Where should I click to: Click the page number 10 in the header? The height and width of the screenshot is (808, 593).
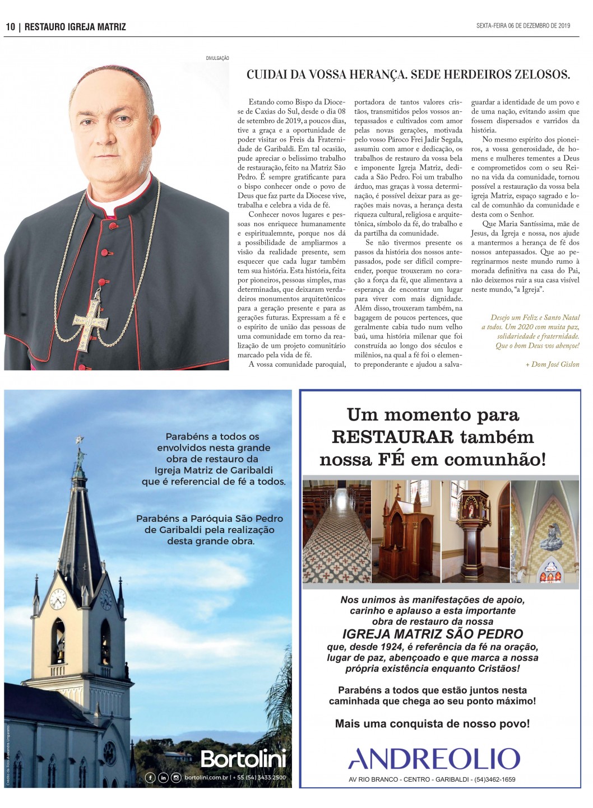coord(10,27)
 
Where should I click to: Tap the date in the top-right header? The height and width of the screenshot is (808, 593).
coord(523,26)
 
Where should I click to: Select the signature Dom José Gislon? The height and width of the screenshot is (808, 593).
coord(552,365)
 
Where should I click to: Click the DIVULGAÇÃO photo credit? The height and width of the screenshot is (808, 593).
coord(217,58)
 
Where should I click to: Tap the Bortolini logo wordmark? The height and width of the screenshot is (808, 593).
coord(243,759)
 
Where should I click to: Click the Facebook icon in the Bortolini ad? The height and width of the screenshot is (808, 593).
coord(150,778)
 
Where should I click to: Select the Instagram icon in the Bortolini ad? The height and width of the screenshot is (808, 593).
coord(176,778)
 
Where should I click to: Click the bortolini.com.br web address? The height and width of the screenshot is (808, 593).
coord(206,778)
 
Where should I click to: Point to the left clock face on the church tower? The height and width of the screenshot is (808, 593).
coord(58,600)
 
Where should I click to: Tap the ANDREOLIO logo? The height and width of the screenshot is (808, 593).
coord(434,759)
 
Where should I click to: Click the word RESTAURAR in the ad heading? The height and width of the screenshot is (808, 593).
coord(392,437)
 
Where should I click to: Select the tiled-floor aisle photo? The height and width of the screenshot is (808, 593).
coord(336,531)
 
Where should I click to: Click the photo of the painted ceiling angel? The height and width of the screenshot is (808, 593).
coord(545,531)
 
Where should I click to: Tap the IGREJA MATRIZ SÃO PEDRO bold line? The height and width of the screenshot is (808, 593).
coord(433,634)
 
